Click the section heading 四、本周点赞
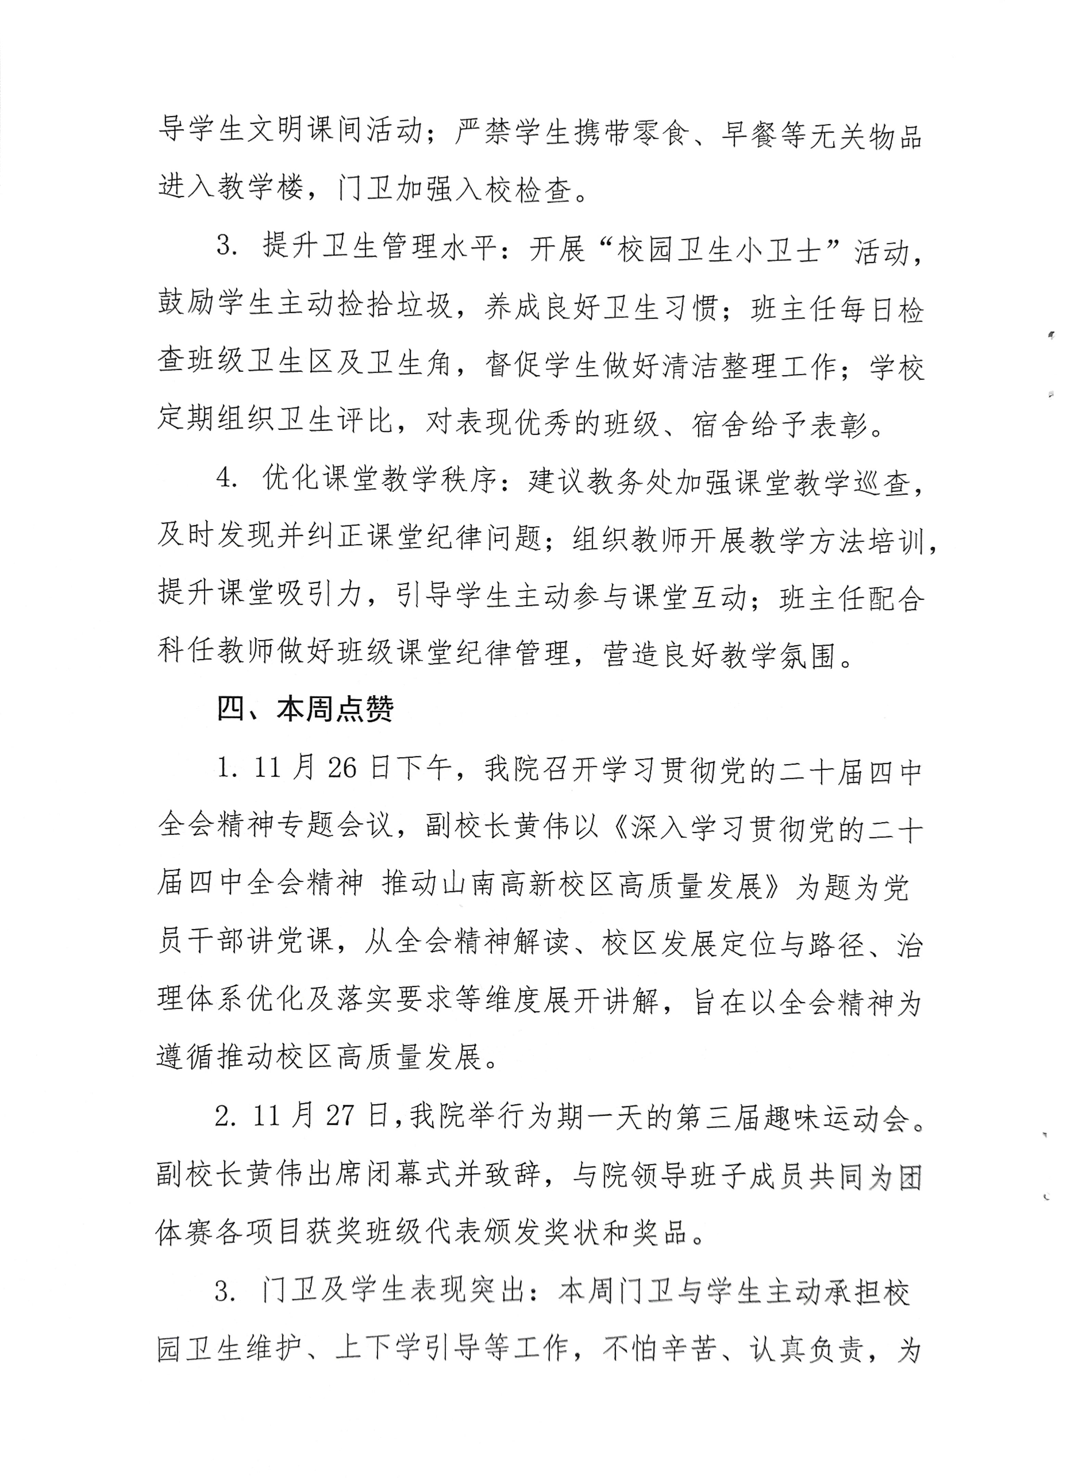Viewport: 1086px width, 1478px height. coord(306,710)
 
